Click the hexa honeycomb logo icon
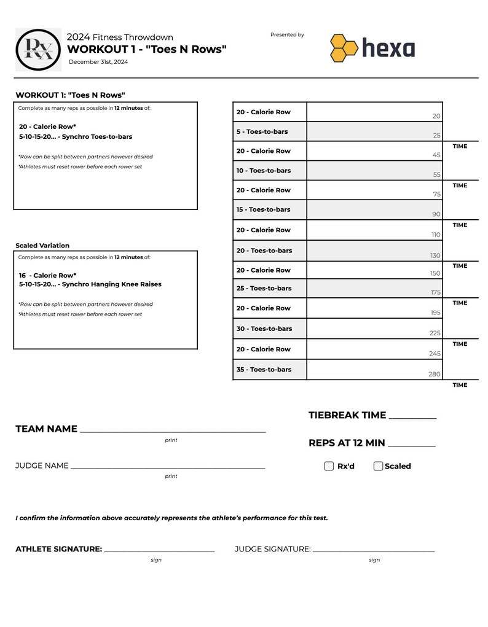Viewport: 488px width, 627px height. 344,48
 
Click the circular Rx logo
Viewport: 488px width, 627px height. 38,50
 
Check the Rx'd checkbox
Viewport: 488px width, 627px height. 329,466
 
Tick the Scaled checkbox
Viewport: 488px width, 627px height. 378,466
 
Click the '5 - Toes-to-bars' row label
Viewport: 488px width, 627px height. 262,132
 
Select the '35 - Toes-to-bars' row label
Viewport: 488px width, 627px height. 264,370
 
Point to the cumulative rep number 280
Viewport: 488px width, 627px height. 434,374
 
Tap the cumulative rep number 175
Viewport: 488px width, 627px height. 435,293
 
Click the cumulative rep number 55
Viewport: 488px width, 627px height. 436,175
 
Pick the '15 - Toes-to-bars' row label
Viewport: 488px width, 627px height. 263,210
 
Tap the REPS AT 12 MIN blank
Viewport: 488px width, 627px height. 411,445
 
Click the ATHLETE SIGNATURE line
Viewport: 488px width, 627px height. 159,550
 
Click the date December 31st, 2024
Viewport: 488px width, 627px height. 98,62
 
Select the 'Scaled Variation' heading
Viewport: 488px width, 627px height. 42,246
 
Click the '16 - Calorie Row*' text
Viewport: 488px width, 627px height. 48,276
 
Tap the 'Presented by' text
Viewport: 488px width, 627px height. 287,35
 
